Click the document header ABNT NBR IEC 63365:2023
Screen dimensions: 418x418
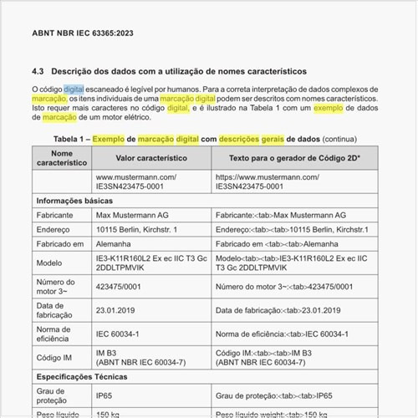(82, 33)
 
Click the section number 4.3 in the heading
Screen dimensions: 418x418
(38, 71)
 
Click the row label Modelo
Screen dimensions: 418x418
(51, 263)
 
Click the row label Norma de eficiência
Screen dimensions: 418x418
(59, 335)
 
